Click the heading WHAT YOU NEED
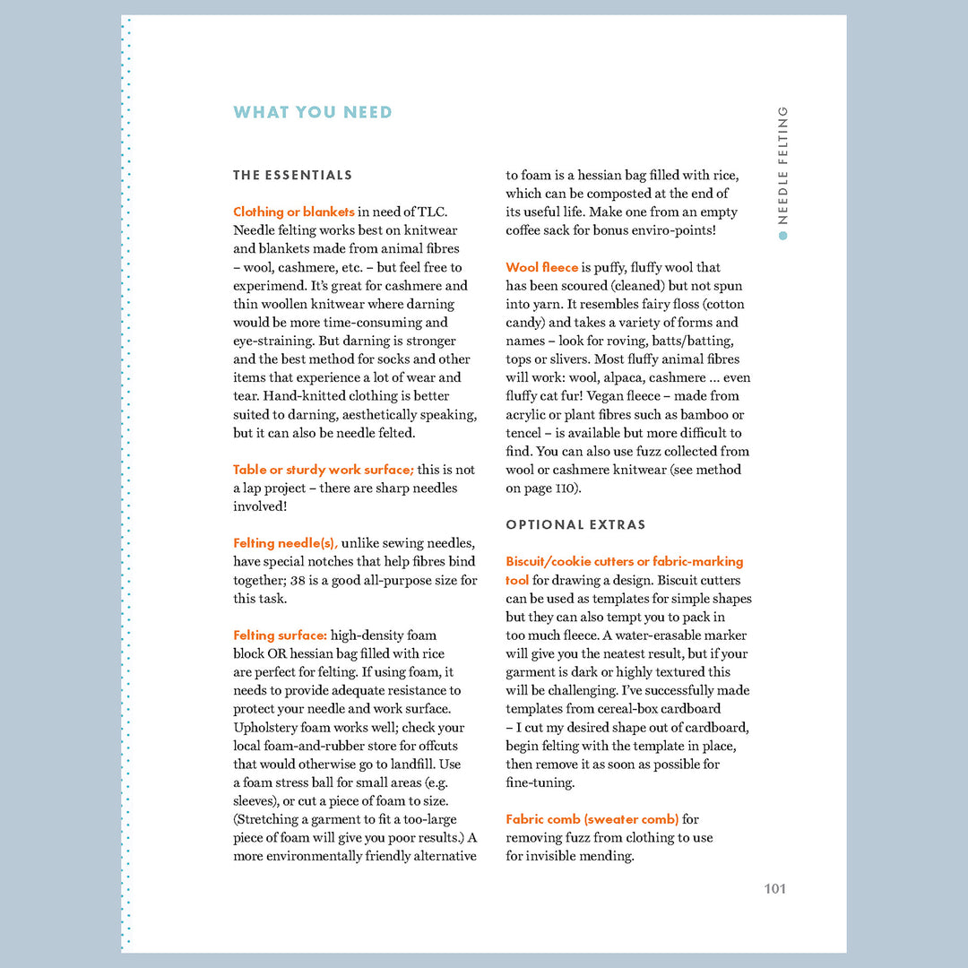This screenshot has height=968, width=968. [x=313, y=113]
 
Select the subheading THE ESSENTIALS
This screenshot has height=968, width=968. [x=292, y=176]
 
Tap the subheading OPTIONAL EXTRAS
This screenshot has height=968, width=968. [x=575, y=525]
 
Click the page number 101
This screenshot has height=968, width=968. [x=774, y=889]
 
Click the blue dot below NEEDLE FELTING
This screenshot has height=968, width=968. [x=782, y=236]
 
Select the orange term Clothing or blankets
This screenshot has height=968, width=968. [x=293, y=212]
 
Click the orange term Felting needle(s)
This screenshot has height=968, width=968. [x=285, y=543]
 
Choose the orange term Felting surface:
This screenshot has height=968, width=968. [x=280, y=635]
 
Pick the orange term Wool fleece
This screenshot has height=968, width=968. [x=541, y=268]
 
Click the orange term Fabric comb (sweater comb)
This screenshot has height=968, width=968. [x=592, y=819]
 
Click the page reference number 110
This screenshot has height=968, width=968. [x=566, y=488]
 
